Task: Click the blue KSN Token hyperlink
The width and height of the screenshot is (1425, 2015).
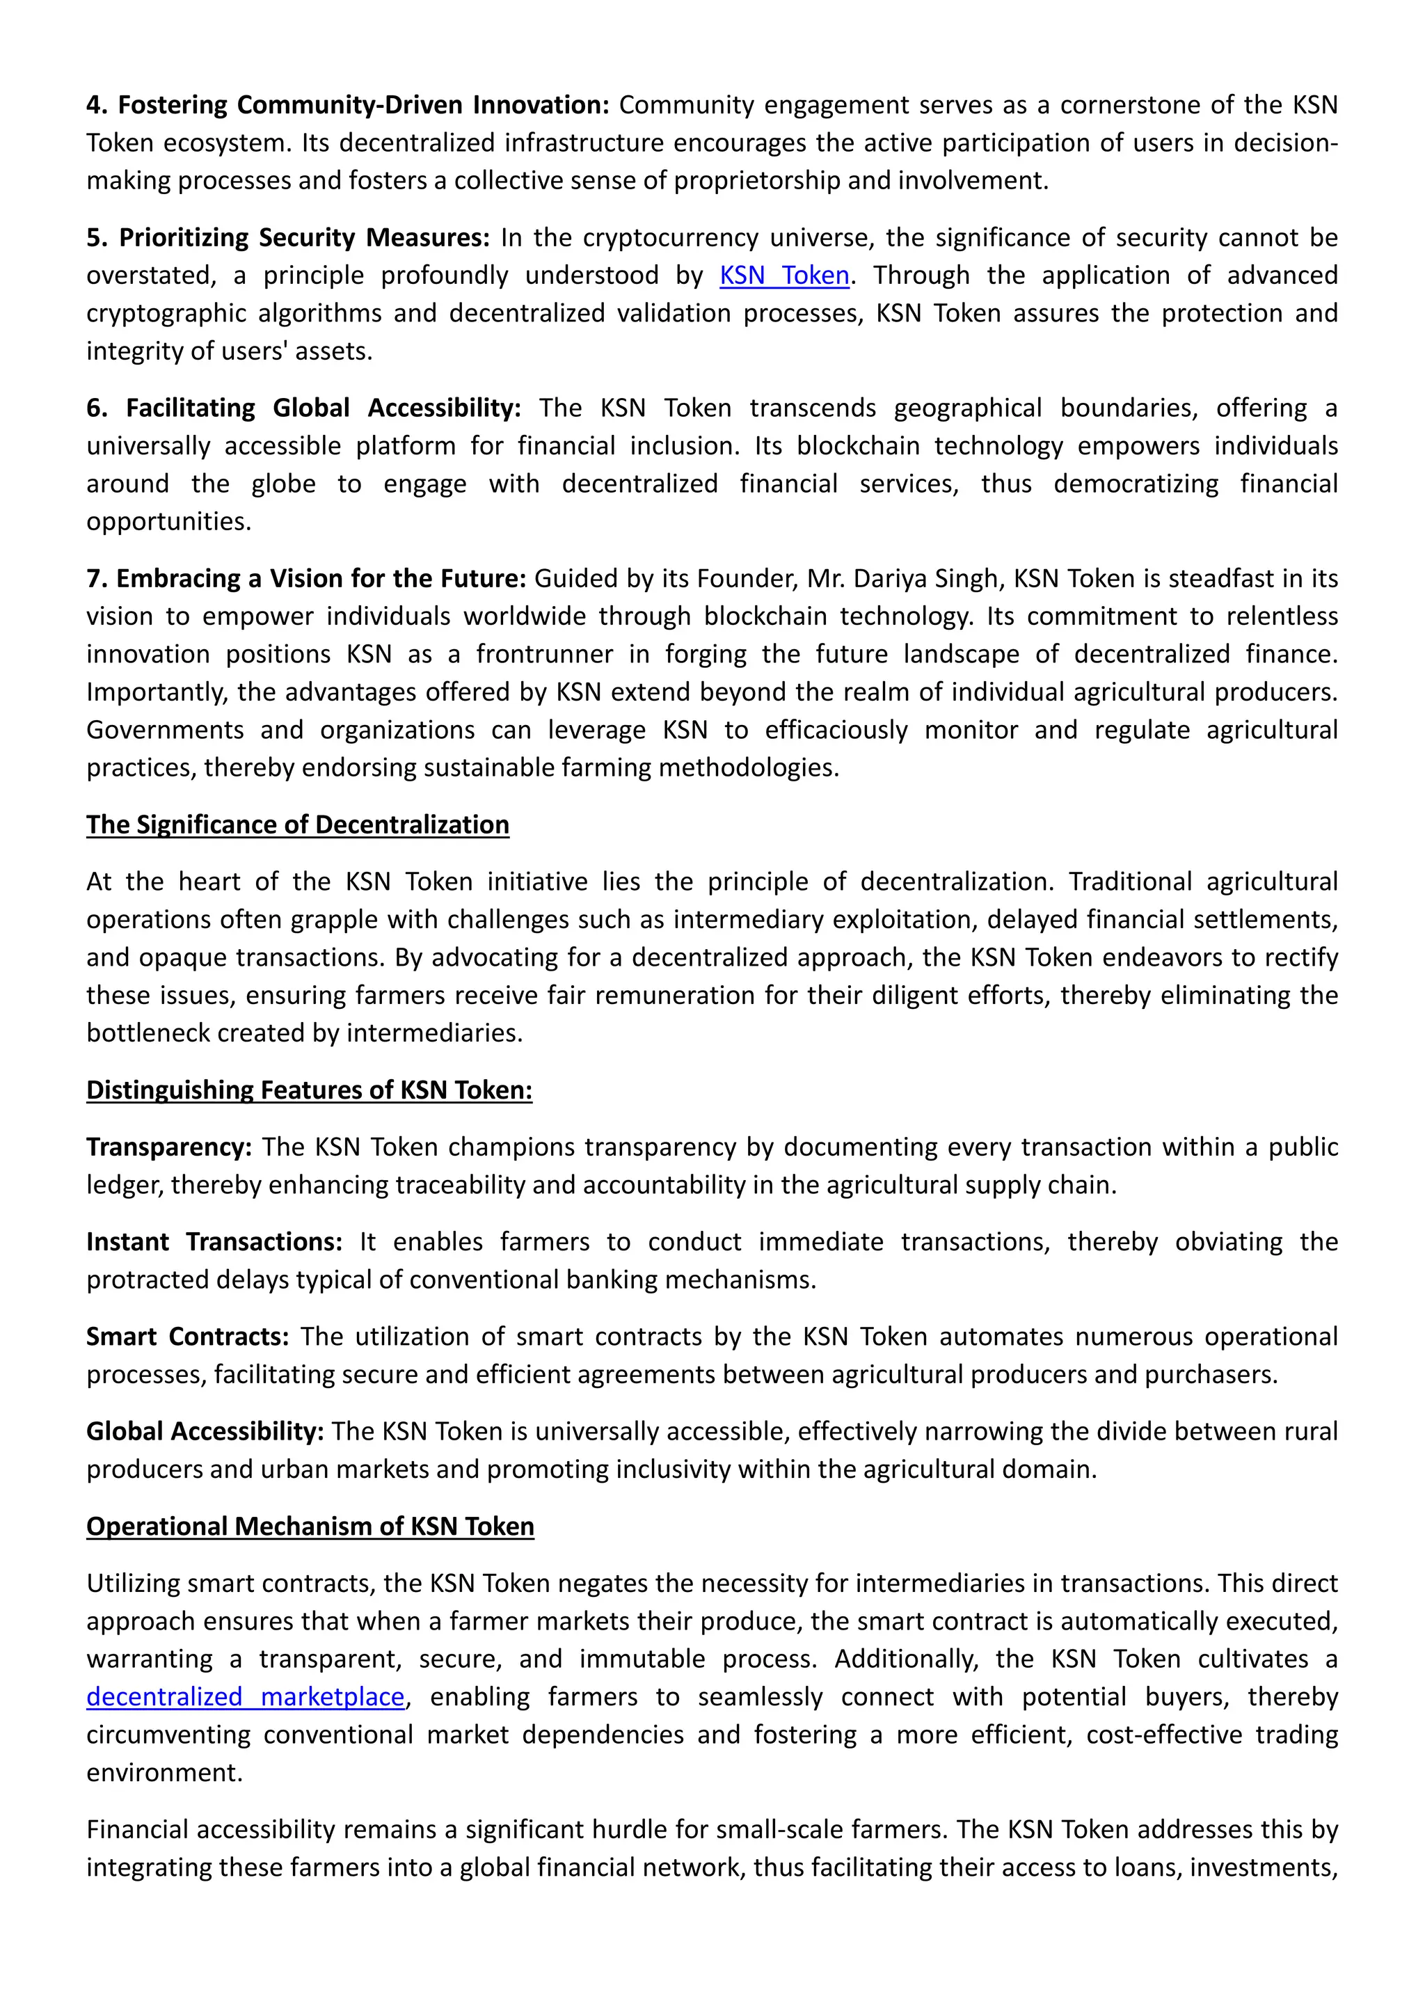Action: (783, 276)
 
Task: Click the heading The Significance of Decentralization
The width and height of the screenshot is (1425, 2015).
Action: (298, 825)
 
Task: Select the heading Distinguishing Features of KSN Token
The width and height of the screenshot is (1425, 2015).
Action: (309, 1090)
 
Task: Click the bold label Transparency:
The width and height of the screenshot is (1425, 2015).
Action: (168, 1147)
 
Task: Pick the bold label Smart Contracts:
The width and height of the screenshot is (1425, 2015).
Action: (187, 1337)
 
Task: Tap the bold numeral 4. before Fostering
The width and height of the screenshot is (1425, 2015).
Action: (97, 105)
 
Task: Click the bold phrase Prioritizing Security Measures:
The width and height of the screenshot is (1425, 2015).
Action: (303, 238)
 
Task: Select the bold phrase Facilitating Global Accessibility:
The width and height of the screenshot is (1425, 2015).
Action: (323, 408)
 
